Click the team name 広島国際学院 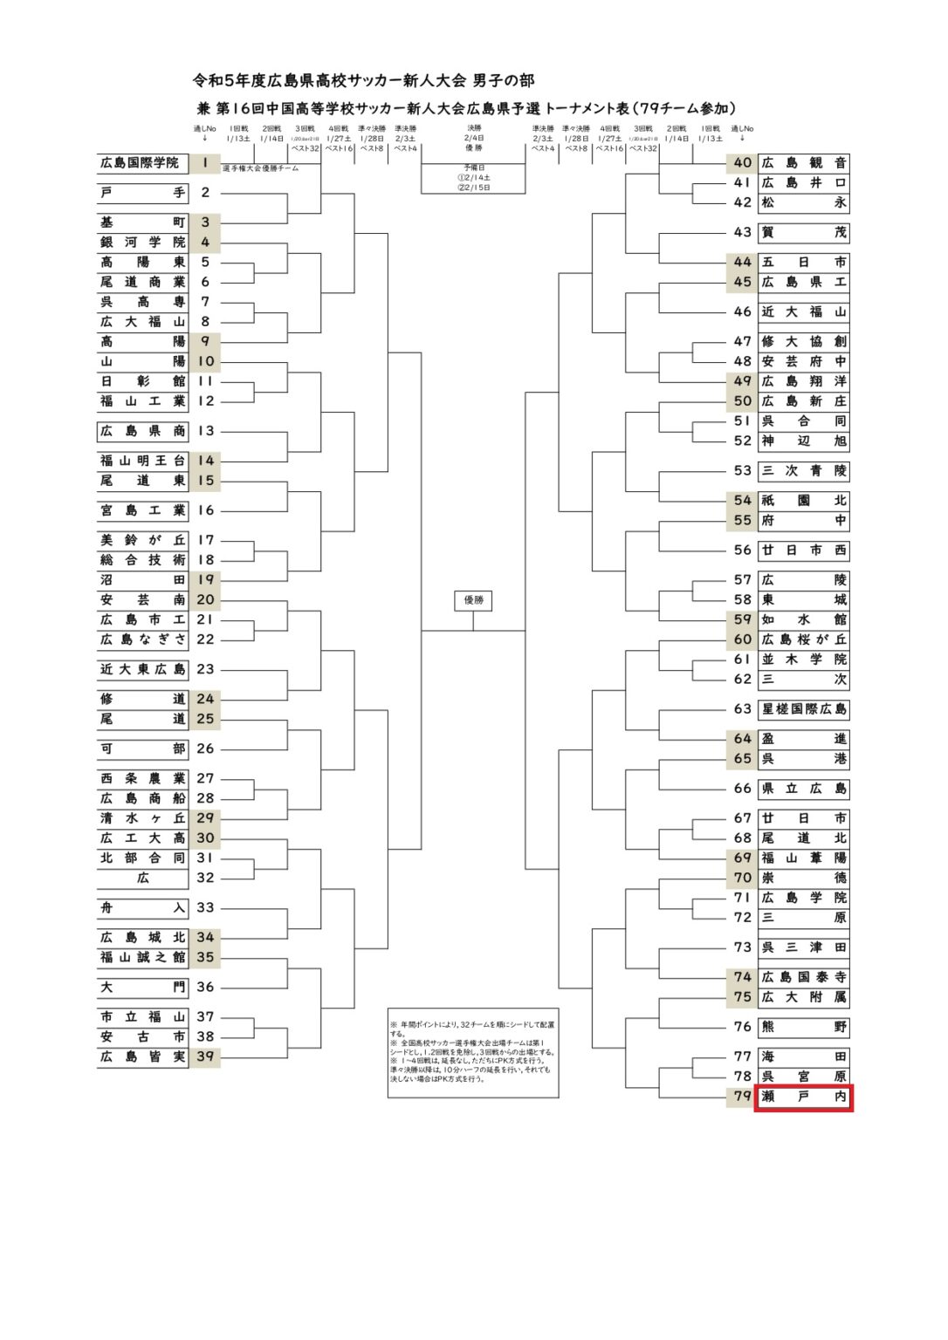point(140,163)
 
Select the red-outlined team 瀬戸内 point(803,1097)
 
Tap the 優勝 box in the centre point(473,600)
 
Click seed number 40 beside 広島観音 point(742,163)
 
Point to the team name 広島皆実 point(142,1056)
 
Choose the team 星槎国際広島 point(803,709)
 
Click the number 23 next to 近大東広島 point(205,669)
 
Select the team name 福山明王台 point(142,461)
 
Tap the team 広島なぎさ point(142,639)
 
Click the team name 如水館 point(803,619)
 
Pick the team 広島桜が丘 point(803,639)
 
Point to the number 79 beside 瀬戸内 point(742,1097)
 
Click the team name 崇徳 point(803,878)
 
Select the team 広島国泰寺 point(803,977)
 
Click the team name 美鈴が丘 point(142,540)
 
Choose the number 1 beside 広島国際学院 point(205,163)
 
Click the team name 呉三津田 point(803,947)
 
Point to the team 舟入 point(142,907)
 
